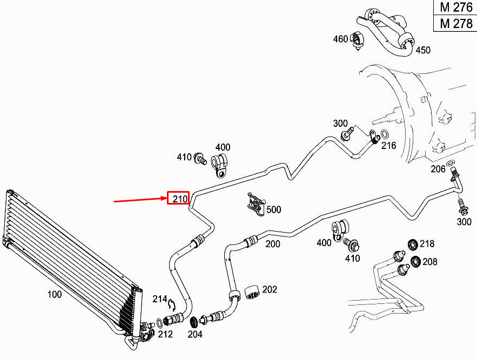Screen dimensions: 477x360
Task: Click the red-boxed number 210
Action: [x=179, y=199]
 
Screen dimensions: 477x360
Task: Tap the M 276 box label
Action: [x=456, y=7]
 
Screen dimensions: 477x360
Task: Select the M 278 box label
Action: [x=456, y=23]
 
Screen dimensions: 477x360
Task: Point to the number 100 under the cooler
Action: [x=55, y=294]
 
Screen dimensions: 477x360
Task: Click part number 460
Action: [x=340, y=39]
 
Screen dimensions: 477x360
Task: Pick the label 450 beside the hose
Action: [x=423, y=50]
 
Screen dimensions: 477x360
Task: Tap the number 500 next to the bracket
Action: [x=274, y=209]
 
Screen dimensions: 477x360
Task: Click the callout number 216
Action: [x=389, y=145]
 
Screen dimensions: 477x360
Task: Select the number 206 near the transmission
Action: [x=438, y=169]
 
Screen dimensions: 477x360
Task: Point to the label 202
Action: [x=270, y=289]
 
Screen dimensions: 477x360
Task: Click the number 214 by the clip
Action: [x=160, y=299]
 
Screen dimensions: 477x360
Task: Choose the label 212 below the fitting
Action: [x=165, y=334]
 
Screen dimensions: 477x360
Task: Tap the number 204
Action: [x=195, y=334]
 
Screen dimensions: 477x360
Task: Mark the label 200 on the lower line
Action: [x=273, y=244]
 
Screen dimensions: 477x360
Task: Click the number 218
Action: [x=427, y=243]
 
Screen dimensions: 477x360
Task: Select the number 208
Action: [x=430, y=261]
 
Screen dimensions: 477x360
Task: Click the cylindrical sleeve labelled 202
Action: [x=252, y=293]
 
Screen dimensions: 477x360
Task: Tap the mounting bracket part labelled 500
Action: [x=256, y=205]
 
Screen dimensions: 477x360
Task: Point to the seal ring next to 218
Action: [x=413, y=244]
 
